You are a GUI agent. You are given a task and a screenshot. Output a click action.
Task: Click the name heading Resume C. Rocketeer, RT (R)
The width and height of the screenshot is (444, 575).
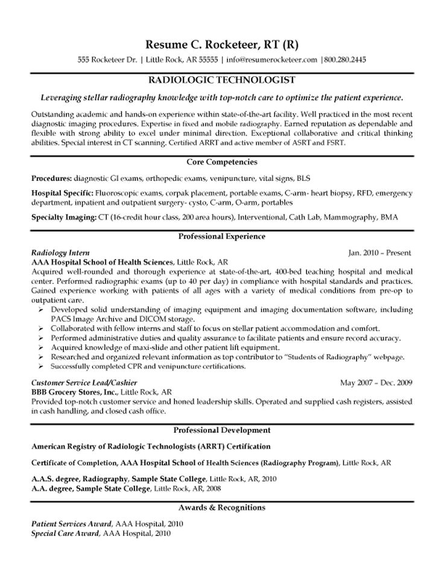coord(221,45)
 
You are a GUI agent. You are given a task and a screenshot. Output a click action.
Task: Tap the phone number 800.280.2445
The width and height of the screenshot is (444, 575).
coord(344,60)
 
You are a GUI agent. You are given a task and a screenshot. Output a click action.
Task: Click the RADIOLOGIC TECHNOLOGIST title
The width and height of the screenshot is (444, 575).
coord(221,80)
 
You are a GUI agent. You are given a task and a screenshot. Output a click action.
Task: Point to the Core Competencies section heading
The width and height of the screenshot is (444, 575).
coord(221,162)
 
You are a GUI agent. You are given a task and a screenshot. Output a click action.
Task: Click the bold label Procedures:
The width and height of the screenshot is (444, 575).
coord(51,179)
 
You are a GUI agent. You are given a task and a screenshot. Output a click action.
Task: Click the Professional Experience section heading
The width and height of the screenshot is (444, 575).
coord(221,236)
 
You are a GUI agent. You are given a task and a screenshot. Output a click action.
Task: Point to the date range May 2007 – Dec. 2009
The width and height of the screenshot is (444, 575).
coord(376,383)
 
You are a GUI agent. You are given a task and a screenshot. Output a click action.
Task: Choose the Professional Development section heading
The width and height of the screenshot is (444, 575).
coord(221,430)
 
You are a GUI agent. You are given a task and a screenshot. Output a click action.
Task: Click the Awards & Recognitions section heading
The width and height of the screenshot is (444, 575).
coord(221,507)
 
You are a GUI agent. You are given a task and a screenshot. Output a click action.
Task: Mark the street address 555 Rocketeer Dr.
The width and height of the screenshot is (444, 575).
coord(108,60)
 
